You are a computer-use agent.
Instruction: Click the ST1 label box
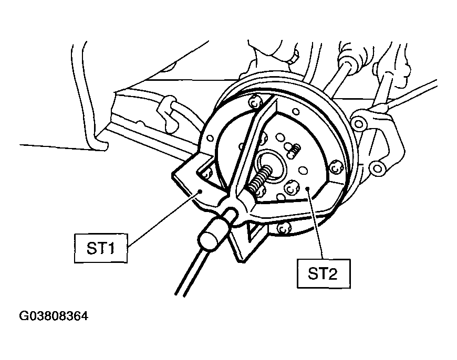101,248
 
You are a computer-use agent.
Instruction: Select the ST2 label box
324,273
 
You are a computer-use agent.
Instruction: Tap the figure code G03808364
54,316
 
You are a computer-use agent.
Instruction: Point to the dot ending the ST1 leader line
200,192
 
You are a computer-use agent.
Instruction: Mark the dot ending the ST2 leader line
308,189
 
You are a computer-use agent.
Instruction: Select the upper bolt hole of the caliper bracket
359,124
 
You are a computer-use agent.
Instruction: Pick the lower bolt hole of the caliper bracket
377,168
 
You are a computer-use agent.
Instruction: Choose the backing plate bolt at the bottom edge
283,229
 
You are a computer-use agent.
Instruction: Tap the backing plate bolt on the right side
336,167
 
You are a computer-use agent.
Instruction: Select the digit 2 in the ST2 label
333,274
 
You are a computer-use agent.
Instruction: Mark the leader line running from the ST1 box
164,219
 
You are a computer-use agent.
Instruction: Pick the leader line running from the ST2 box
315,224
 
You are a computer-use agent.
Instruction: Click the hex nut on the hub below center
290,189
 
